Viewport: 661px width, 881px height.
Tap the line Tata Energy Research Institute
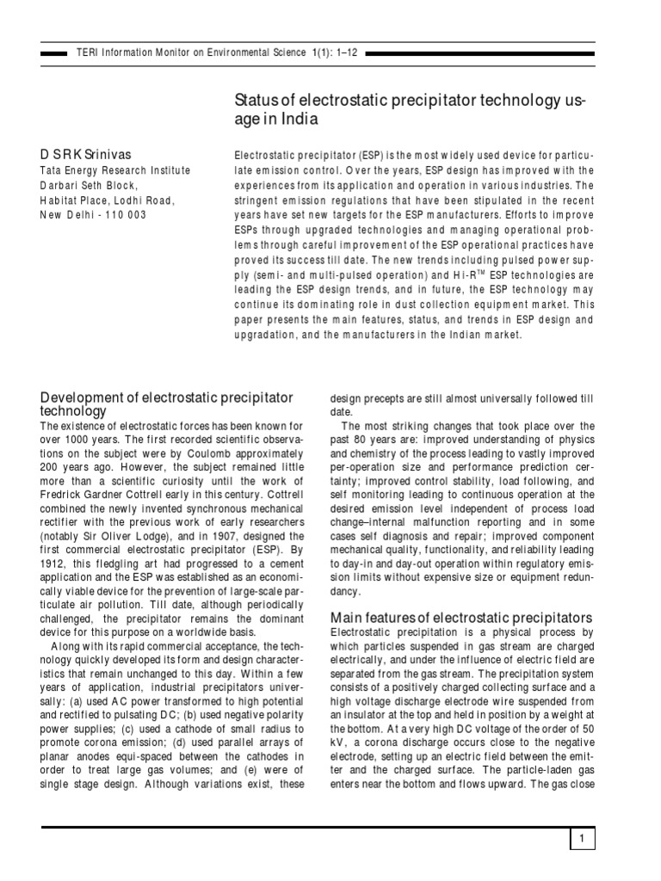point(116,170)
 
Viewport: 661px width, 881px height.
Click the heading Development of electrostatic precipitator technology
point(168,404)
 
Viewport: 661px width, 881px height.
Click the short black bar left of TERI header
point(54,53)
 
